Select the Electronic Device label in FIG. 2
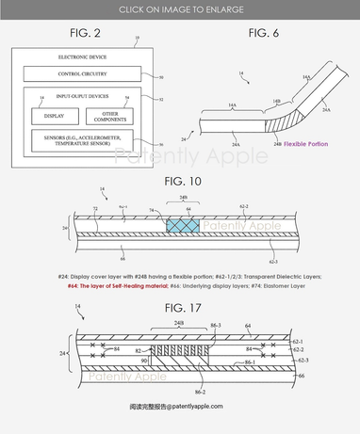point(64,58)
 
